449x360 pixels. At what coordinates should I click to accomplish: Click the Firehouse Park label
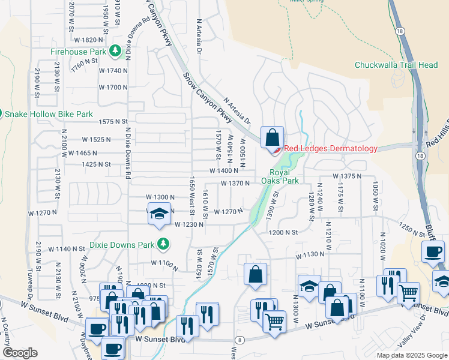[x=77, y=52]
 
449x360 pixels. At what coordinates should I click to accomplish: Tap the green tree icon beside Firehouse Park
[x=114, y=52]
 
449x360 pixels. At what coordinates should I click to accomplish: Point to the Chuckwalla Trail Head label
[x=396, y=65]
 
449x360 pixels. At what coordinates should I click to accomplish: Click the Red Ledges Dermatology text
[x=331, y=149]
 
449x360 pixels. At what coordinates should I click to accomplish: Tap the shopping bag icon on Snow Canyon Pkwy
[x=272, y=137]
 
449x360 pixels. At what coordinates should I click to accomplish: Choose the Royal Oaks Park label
[x=280, y=176]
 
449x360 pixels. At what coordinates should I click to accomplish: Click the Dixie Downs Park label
[x=122, y=244]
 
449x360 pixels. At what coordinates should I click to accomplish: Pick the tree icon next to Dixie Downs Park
[x=162, y=244]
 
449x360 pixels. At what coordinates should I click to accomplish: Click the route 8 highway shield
[x=241, y=340]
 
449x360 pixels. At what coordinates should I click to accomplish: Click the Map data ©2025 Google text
[x=411, y=355]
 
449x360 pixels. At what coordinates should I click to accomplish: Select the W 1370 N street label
[x=235, y=184]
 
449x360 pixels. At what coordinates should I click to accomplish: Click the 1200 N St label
[x=283, y=232]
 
